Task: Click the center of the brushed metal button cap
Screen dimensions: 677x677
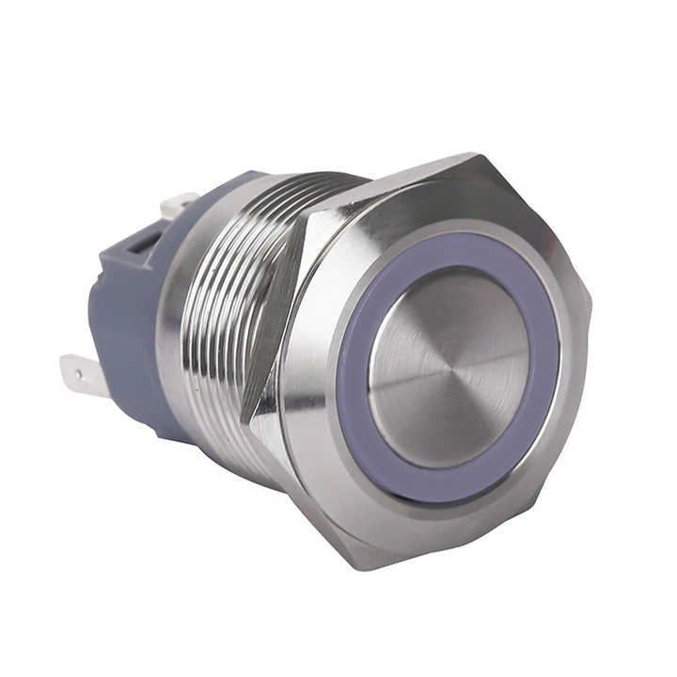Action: pos(449,367)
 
